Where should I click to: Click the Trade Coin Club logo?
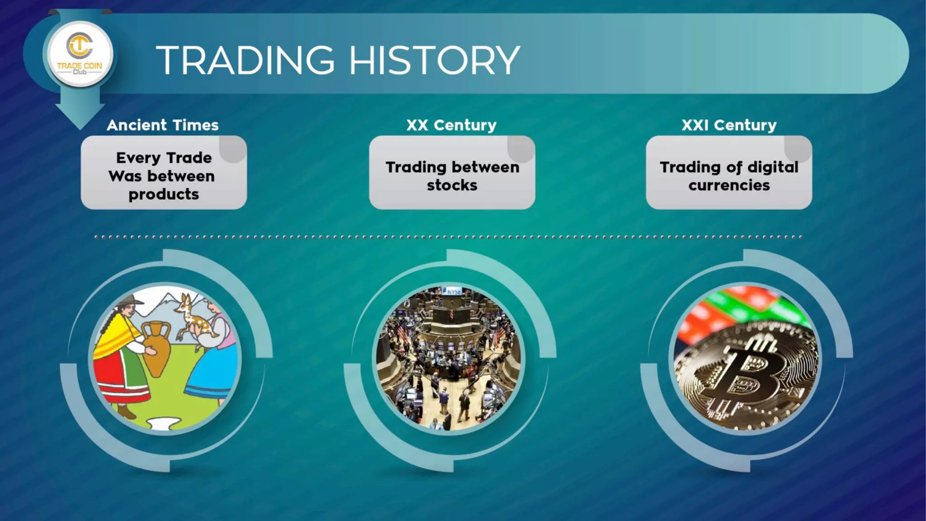(80, 54)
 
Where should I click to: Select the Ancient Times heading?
(163, 125)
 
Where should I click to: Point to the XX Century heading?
(451, 125)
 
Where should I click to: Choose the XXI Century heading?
(729, 125)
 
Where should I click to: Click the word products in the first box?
(164, 194)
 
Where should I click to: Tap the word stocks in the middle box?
(452, 185)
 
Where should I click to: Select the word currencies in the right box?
(729, 185)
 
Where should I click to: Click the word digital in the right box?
(773, 167)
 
